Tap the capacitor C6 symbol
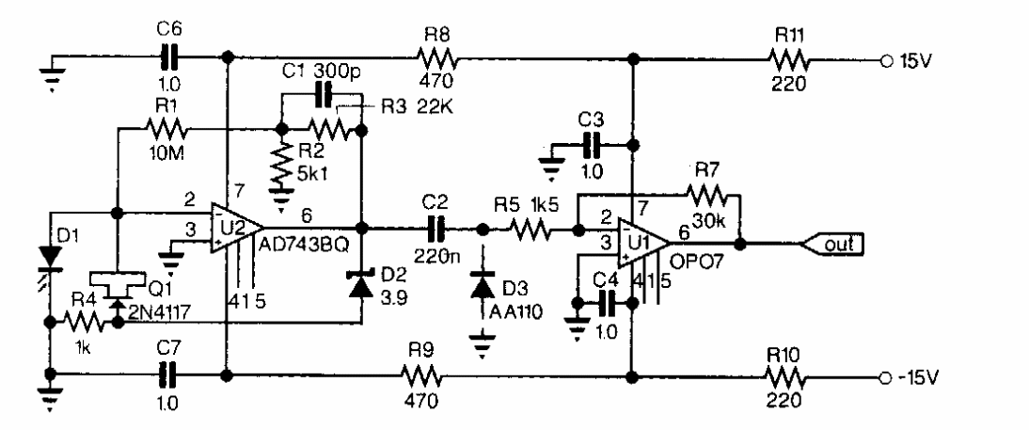pyautogui.click(x=169, y=59)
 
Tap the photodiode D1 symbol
pyautogui.click(x=49, y=255)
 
